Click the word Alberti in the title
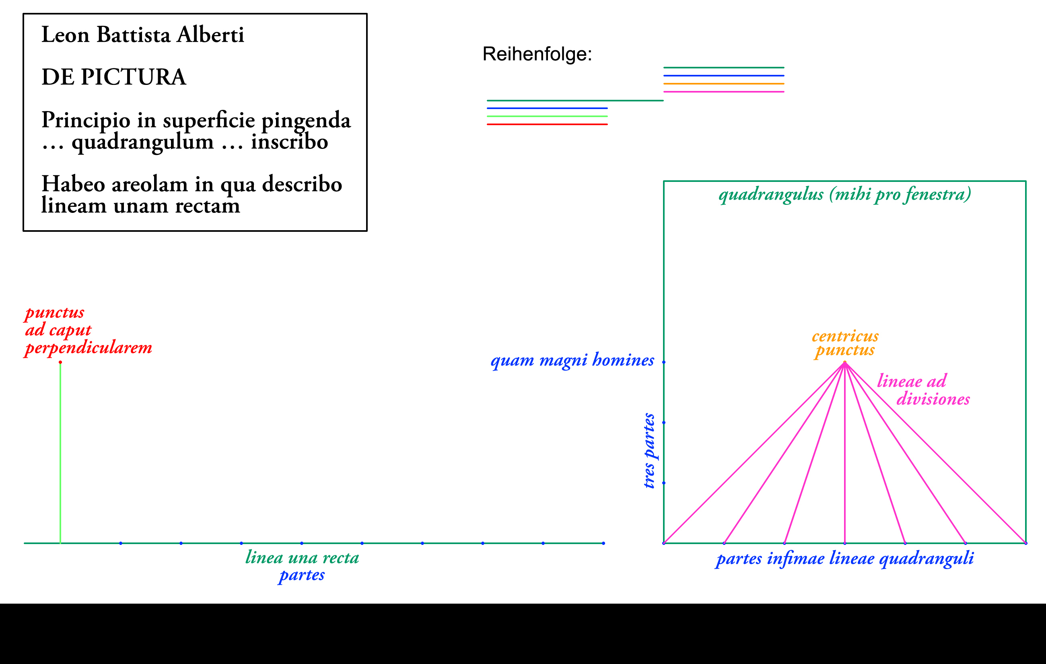click(x=210, y=35)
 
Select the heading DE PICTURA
click(x=114, y=77)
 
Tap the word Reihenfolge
click(x=537, y=54)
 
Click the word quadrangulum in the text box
click(x=142, y=142)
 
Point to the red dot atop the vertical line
click(x=60, y=362)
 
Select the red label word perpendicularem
click(x=89, y=348)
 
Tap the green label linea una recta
click(x=302, y=557)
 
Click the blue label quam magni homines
click(x=572, y=360)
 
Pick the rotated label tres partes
click(x=649, y=451)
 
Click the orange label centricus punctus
click(x=845, y=343)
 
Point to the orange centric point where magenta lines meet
click(x=844, y=362)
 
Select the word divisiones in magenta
click(x=933, y=399)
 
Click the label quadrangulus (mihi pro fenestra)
click(x=844, y=194)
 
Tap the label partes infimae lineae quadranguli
click(x=844, y=559)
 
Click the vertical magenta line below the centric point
click(x=844, y=456)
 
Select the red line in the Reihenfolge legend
click(x=547, y=124)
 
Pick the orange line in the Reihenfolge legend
click(x=723, y=83)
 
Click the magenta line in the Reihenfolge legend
click(x=723, y=92)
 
